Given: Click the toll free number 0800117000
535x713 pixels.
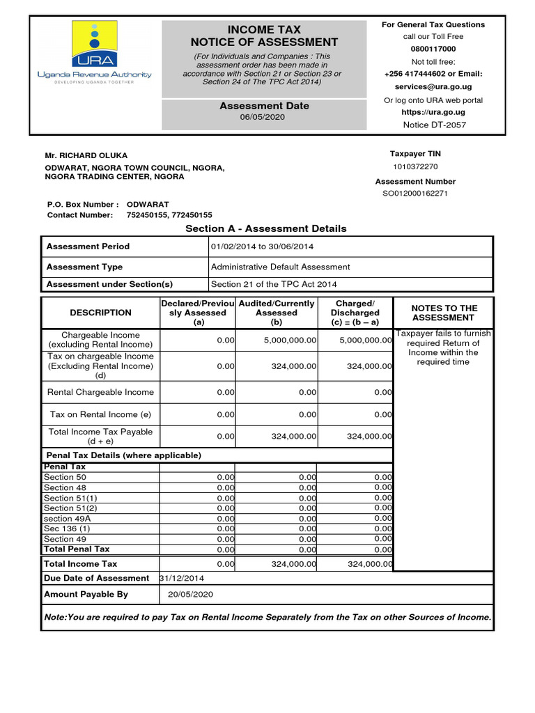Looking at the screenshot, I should click(433, 49).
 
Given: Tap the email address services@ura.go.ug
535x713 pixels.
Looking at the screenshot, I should click(433, 87).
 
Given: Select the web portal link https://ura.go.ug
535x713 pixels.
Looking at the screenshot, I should click(433, 112).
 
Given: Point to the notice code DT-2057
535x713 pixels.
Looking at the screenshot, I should click(435, 125).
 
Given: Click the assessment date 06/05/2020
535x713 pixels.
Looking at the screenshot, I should click(263, 118).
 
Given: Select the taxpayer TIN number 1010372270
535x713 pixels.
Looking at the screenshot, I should click(415, 166).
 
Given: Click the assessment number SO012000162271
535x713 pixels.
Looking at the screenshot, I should click(414, 194).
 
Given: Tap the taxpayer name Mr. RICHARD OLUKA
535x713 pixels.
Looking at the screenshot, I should click(86, 155).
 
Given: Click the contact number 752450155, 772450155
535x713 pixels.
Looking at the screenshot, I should click(169, 215).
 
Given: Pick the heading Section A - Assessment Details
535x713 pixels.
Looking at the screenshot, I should click(265, 228).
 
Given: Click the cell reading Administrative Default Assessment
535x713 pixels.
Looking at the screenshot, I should click(280, 267).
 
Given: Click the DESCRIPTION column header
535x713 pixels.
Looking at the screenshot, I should click(100, 313).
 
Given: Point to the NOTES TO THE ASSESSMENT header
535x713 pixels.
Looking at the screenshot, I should click(444, 313).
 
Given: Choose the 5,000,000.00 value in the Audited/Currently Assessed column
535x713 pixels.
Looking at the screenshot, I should click(290, 340).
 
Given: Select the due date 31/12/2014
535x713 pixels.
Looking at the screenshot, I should click(182, 578).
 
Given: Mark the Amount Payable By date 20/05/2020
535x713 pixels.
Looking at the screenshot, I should click(190, 595).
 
